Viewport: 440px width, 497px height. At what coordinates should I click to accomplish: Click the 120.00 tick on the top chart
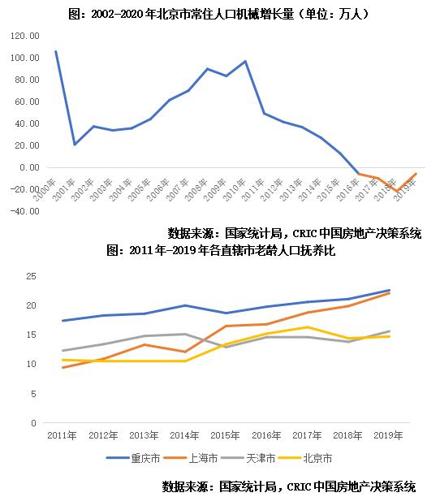pyautogui.click(x=24, y=37)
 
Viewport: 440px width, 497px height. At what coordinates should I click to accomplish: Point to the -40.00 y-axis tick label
pyautogui.click(x=24, y=211)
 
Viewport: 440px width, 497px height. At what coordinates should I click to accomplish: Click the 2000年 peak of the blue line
pyautogui.click(x=55, y=51)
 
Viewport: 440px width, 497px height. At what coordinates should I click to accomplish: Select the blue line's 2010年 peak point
pyautogui.click(x=245, y=61)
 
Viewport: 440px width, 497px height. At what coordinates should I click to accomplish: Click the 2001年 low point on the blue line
pyautogui.click(x=75, y=145)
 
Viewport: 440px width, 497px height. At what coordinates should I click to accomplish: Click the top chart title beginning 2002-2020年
pyautogui.click(x=218, y=14)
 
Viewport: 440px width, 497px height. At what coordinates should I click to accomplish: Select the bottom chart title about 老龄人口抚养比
pyautogui.click(x=221, y=251)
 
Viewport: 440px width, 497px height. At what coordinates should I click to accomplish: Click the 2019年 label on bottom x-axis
pyautogui.click(x=388, y=436)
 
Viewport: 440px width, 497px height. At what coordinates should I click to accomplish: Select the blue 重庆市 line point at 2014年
pyautogui.click(x=184, y=305)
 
